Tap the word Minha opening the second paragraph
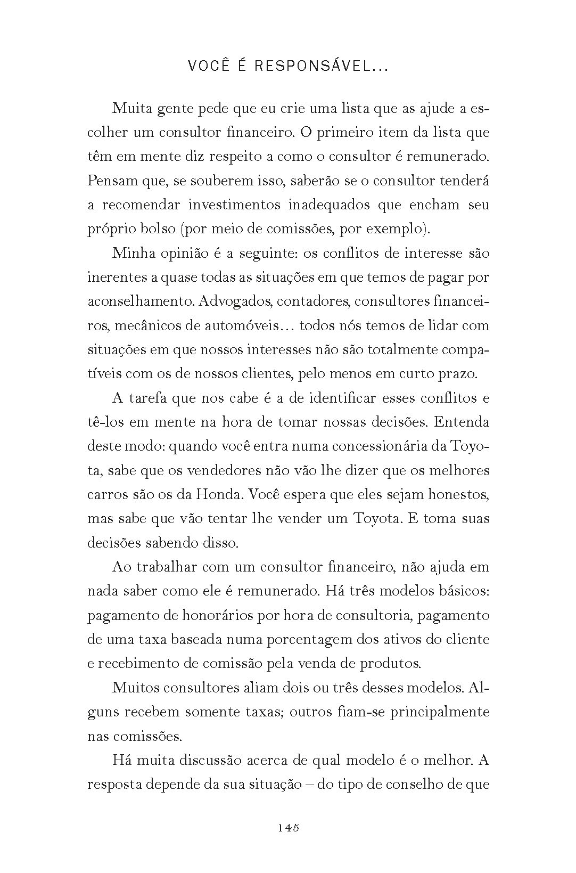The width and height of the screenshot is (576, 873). tap(133, 253)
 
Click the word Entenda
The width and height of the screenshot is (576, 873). tap(462, 422)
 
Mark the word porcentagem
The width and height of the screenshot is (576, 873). tap(301, 639)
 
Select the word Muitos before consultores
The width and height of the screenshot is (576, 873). tap(134, 687)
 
